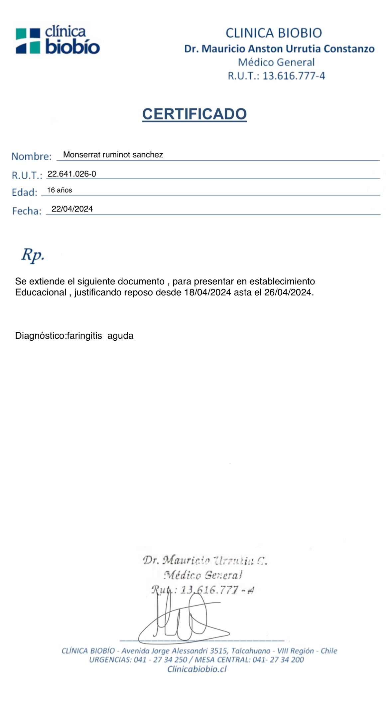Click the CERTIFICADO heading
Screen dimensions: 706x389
pos(194,114)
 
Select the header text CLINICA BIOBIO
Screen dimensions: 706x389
pos(274,33)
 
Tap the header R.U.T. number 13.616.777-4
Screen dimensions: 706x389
pos(294,76)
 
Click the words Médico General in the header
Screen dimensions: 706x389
pos(276,62)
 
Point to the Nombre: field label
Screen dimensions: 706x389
pos(32,156)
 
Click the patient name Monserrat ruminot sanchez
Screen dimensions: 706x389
pos(113,155)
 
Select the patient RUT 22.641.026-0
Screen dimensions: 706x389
pos(72,174)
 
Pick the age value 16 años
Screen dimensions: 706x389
pos(60,190)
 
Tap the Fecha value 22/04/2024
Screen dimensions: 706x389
pos(72,209)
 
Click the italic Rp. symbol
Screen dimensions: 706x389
pos(33,255)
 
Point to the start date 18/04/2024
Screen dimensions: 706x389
pos(207,292)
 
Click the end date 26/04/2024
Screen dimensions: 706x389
pos(288,292)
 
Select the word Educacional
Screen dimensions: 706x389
pos(41,292)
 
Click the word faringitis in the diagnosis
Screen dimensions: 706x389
pos(84,336)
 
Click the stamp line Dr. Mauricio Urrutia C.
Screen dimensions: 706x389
pos(205,560)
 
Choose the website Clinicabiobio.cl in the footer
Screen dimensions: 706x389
pos(197,669)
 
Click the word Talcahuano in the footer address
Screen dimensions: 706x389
pos(251,651)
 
